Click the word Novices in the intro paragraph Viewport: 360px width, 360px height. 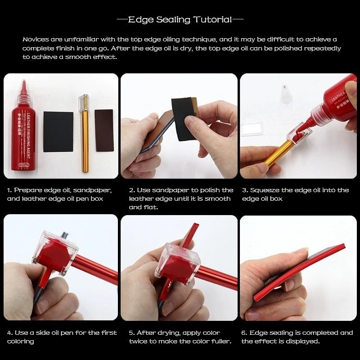pyautogui.click(x=36, y=39)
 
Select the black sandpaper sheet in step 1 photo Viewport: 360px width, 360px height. pyautogui.click(x=58, y=132)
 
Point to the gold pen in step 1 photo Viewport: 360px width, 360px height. pyautogui.click(x=85, y=133)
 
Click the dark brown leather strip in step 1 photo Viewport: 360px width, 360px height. pyautogui.click(x=104, y=130)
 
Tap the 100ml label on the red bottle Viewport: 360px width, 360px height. pyautogui.click(x=24, y=165)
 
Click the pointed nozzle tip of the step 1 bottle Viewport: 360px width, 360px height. pyautogui.click(x=24, y=81)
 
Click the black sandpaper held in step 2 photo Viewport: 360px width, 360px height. pyautogui.click(x=184, y=118)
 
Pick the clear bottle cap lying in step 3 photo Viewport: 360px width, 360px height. pyautogui.click(x=285, y=94)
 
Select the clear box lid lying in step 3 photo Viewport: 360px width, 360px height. pyautogui.click(x=252, y=129)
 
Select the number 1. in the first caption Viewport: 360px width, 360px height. pyautogui.click(x=9, y=190)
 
